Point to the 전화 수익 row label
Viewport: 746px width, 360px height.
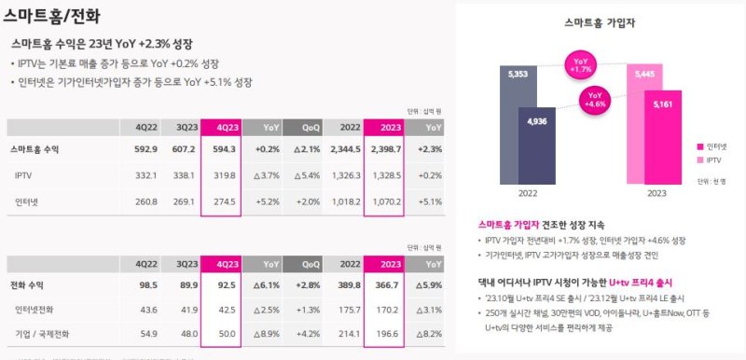[34, 284]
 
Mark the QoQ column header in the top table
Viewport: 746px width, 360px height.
[311, 127]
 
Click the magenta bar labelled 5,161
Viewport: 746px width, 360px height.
[664, 140]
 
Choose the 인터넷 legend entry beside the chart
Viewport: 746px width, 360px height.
[712, 145]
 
